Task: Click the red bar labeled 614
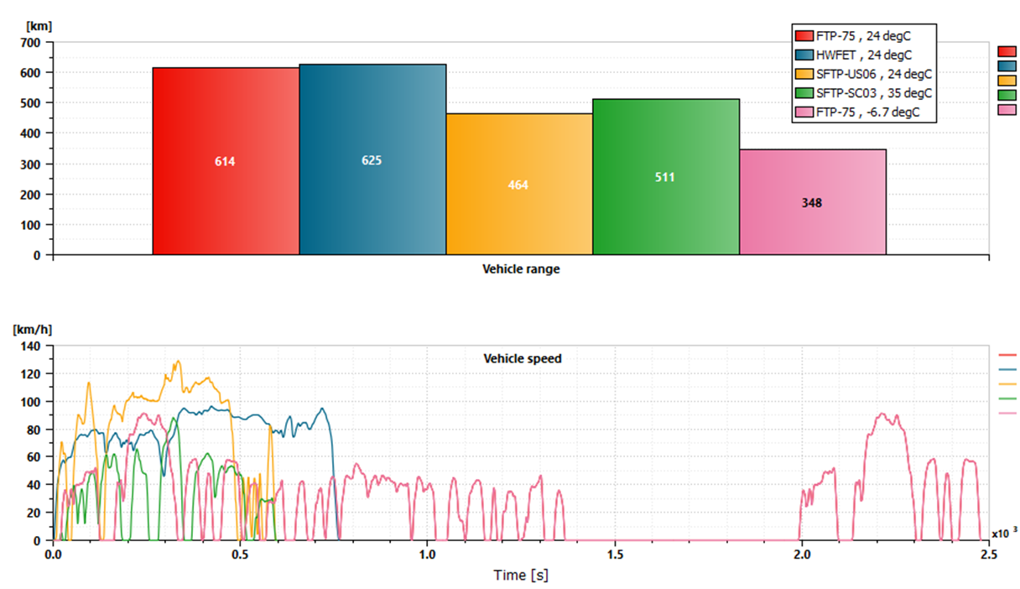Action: [225, 161]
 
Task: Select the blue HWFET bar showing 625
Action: [372, 159]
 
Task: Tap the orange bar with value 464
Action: [518, 185]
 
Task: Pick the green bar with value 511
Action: [665, 177]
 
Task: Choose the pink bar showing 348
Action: [812, 202]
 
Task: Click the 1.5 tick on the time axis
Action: [616, 555]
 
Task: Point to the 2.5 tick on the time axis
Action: [990, 555]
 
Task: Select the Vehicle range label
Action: [521, 269]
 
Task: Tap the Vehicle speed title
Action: [523, 358]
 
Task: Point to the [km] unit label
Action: [39, 26]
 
